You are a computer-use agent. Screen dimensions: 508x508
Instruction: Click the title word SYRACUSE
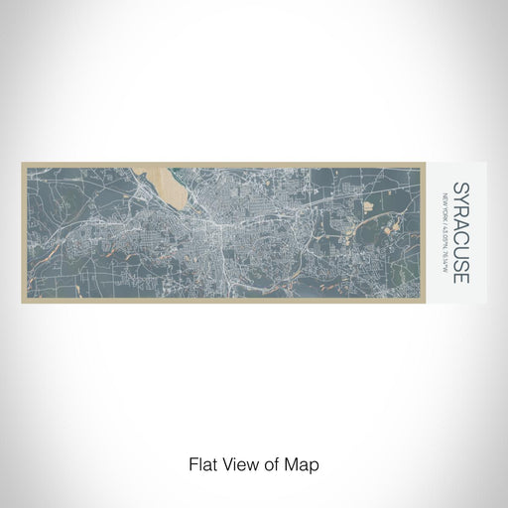pos(459,231)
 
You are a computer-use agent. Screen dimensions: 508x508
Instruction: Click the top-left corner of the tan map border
pos(22,164)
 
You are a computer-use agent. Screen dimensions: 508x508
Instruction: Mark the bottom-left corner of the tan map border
pos(22,302)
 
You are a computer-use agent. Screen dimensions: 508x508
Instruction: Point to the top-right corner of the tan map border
pos(437,164)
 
